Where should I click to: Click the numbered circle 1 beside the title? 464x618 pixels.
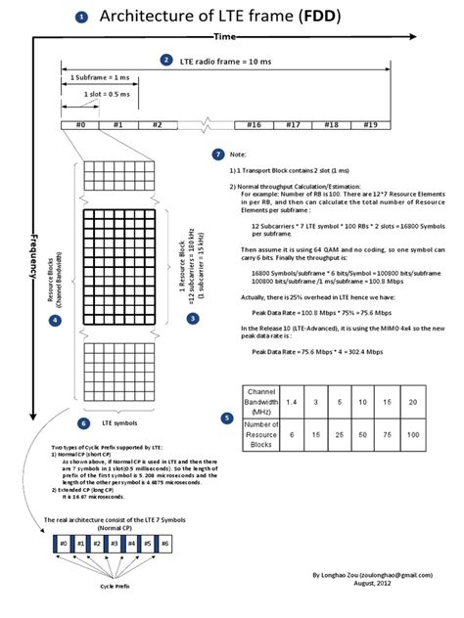tap(80, 17)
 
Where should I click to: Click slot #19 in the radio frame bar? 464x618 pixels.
tap(370, 124)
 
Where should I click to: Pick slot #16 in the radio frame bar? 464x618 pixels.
tap(254, 124)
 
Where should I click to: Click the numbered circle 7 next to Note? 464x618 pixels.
tap(217, 154)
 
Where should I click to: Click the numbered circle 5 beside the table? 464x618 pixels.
tap(227, 419)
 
